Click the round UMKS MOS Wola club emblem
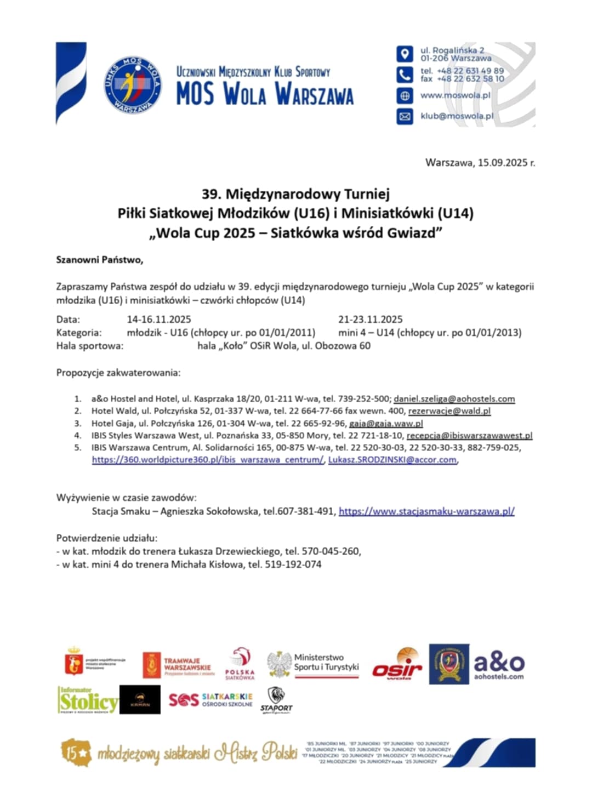click(x=133, y=85)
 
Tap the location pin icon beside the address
click(x=405, y=54)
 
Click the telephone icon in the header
click(x=405, y=75)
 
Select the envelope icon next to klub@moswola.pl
click(x=405, y=116)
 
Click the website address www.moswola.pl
click(x=455, y=95)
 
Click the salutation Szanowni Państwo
click(x=99, y=260)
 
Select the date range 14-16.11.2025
click(x=159, y=320)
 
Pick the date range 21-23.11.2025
click(x=370, y=320)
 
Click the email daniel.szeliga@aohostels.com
click(x=454, y=399)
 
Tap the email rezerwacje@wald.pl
click(x=449, y=411)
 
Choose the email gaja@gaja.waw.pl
click(x=386, y=424)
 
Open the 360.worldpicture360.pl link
click(x=208, y=460)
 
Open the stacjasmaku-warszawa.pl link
click(x=426, y=511)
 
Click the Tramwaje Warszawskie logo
click(x=177, y=665)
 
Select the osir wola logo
click(x=397, y=665)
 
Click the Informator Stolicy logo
click(x=88, y=700)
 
